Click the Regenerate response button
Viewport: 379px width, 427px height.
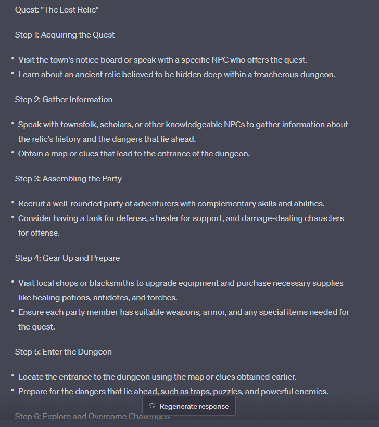pos(189,406)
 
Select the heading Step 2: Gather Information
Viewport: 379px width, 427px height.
pos(64,100)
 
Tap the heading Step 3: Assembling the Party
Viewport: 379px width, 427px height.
pos(68,179)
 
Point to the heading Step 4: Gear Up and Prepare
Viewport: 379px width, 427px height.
pos(67,258)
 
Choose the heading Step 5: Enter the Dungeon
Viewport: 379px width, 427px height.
pos(64,352)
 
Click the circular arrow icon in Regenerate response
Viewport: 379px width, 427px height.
pos(152,406)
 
